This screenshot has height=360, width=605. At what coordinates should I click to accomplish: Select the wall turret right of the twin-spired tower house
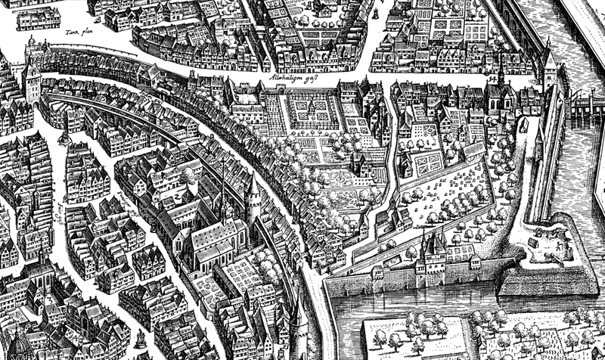(475, 262)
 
